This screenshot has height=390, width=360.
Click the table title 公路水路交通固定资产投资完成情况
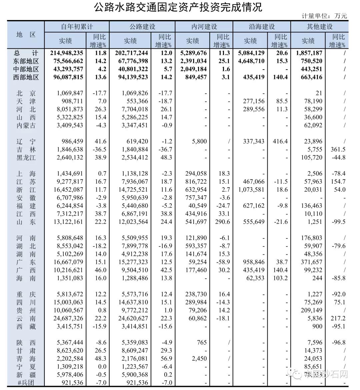click(x=178, y=7)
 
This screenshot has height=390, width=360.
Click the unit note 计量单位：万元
click(x=324, y=16)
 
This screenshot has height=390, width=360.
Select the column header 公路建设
click(x=142, y=27)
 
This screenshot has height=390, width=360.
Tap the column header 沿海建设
click(x=262, y=27)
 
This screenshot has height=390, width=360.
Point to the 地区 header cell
click(x=26, y=35)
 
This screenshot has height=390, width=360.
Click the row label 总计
click(x=26, y=53)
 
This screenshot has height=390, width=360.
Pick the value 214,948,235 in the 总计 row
click(x=67, y=53)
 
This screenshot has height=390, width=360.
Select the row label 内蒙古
click(x=26, y=125)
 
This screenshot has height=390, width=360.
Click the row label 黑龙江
click(x=26, y=158)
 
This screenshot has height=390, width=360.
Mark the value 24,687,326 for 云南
click(x=66, y=318)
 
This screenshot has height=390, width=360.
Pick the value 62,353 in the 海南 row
click(x=255, y=278)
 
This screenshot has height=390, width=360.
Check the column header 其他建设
click(x=319, y=27)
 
